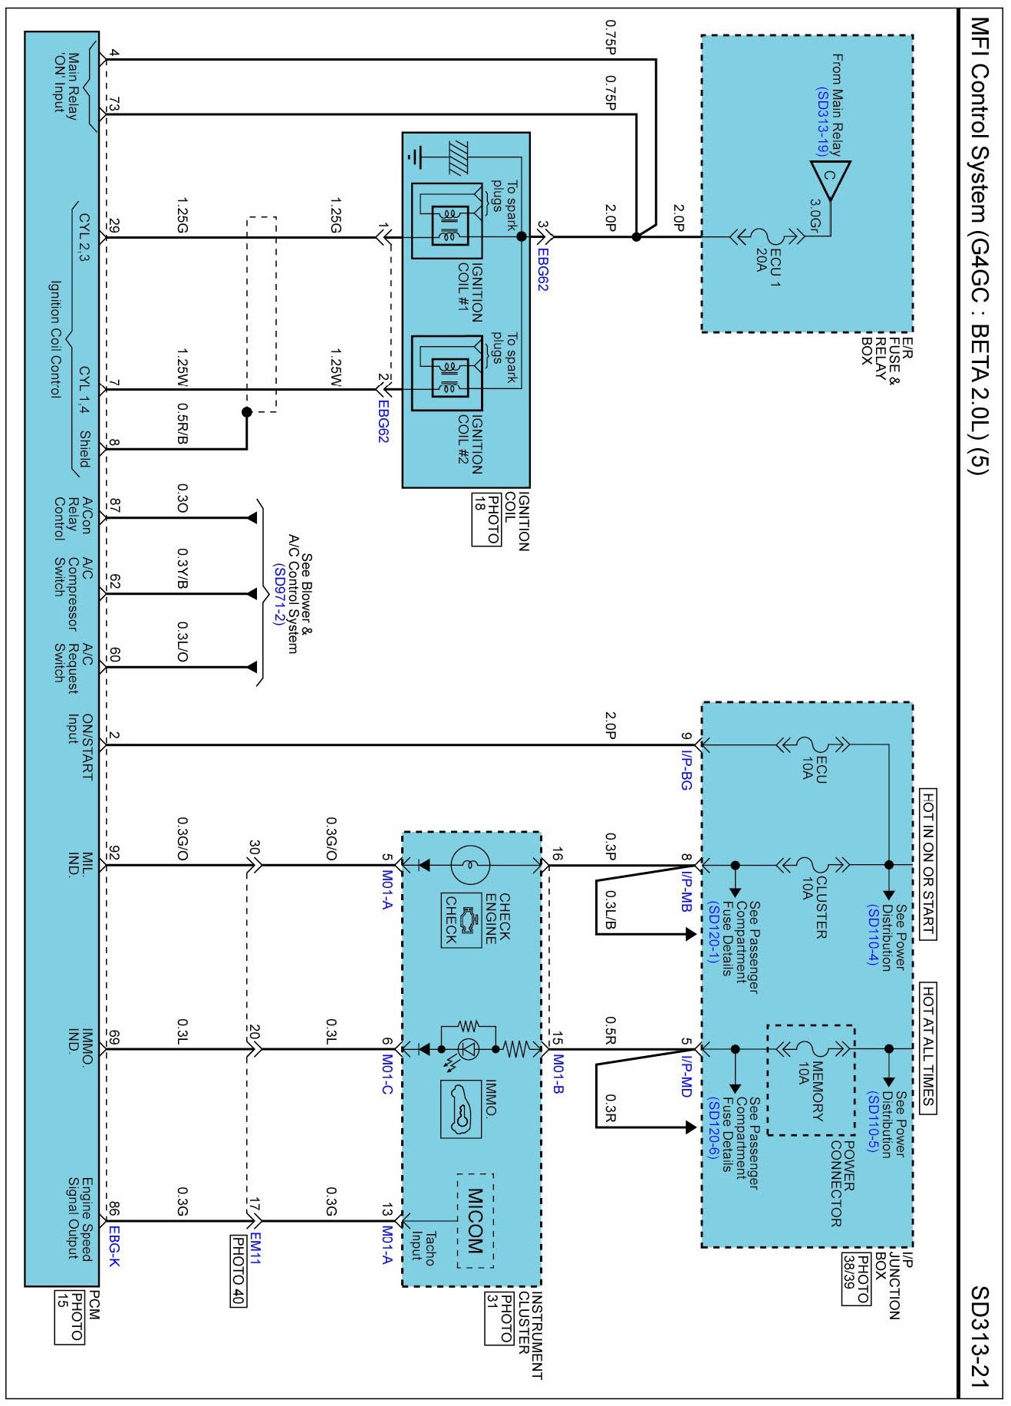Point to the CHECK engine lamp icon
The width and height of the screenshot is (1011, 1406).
(461, 920)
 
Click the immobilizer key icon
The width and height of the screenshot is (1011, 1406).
(461, 1109)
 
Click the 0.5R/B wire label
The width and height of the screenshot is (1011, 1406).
(183, 424)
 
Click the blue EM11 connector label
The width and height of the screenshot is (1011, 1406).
(255, 1248)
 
